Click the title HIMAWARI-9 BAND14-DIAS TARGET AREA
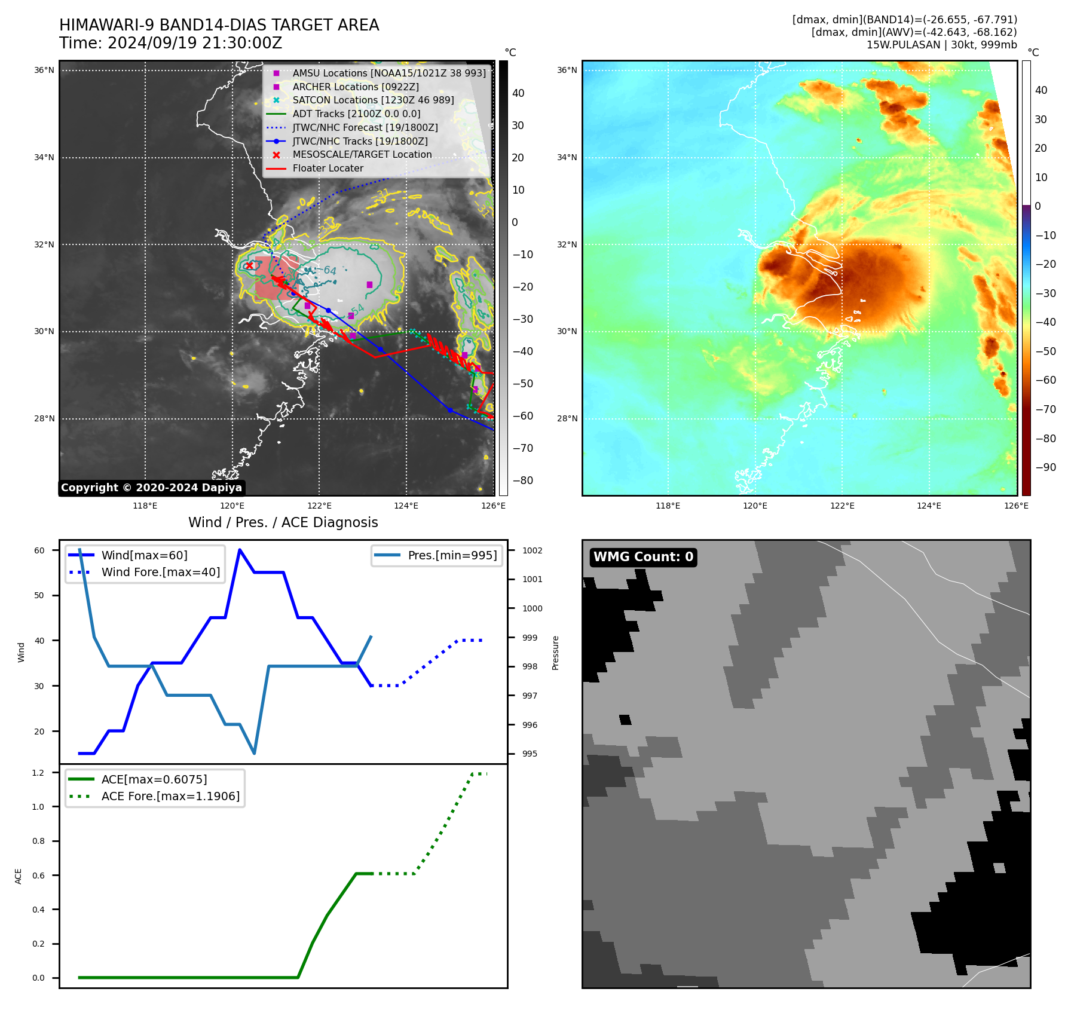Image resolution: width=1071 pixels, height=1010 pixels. point(219,25)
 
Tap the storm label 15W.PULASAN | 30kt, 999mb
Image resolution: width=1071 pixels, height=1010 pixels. point(941,45)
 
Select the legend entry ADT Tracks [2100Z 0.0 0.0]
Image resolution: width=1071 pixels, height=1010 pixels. point(356,114)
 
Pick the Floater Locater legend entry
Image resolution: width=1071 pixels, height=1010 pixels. point(328,169)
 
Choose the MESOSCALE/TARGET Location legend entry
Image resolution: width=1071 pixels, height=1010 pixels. point(362,155)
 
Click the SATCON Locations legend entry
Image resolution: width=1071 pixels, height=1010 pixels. point(373,100)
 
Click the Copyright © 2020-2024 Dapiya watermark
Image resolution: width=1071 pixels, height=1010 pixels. point(151,488)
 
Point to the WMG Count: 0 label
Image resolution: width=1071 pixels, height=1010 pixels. point(643,557)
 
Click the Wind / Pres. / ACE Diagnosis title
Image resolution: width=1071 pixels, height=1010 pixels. point(283,522)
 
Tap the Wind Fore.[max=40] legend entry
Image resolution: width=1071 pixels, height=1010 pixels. point(160,572)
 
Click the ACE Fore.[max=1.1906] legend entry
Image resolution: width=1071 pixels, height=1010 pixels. point(170,796)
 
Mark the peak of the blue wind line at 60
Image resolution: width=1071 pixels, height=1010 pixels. point(240,550)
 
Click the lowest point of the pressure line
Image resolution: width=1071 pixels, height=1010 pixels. point(255,753)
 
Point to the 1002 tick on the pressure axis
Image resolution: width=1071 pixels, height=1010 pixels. point(532,550)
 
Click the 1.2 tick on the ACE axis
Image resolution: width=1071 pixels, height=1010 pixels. point(38,773)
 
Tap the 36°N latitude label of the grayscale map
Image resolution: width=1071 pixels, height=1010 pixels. point(44,71)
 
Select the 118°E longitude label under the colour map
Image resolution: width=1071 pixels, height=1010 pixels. point(668,506)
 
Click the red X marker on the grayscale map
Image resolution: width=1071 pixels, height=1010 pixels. point(249,266)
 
